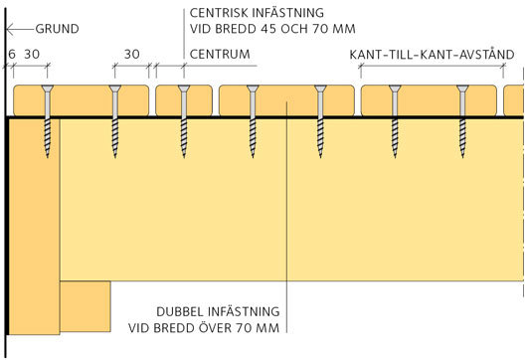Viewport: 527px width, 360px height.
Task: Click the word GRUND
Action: tap(58, 30)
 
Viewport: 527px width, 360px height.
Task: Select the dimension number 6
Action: tap(11, 54)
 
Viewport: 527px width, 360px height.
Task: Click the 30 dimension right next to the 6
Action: tap(32, 54)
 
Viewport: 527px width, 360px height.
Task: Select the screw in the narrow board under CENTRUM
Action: tap(184, 119)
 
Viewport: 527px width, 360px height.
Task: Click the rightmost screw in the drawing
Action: tap(462, 119)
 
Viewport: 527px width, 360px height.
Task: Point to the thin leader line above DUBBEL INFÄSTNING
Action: tap(285, 199)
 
